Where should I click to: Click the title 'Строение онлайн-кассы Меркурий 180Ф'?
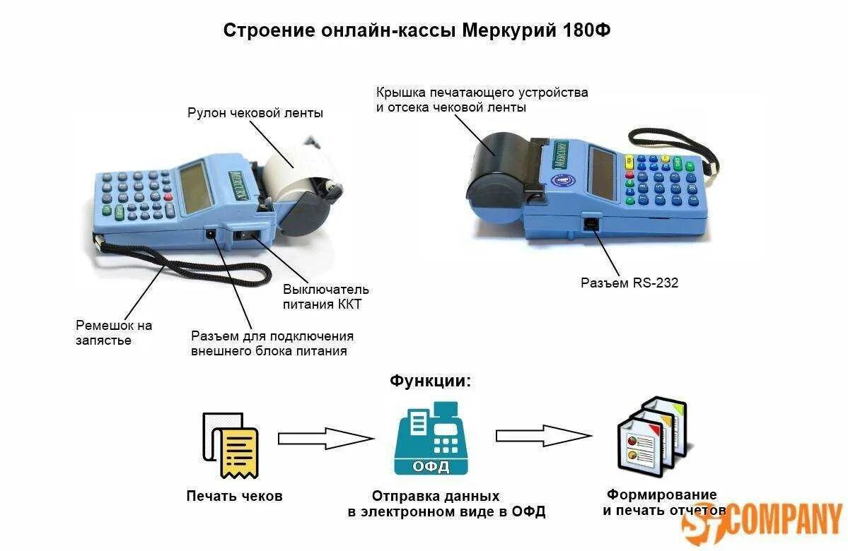(417, 30)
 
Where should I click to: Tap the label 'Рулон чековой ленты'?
(255, 113)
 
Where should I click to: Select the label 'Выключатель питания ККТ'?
(325, 297)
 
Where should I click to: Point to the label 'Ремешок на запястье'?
(113, 333)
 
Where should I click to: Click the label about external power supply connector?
(272, 343)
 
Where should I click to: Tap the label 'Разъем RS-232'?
(629, 283)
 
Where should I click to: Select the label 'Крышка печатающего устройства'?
(482, 100)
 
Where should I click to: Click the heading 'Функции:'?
(429, 381)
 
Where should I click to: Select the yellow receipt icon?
(238, 452)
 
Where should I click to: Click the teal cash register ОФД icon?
(431, 439)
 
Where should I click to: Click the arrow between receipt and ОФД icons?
(325, 439)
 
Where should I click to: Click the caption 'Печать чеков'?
(234, 496)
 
